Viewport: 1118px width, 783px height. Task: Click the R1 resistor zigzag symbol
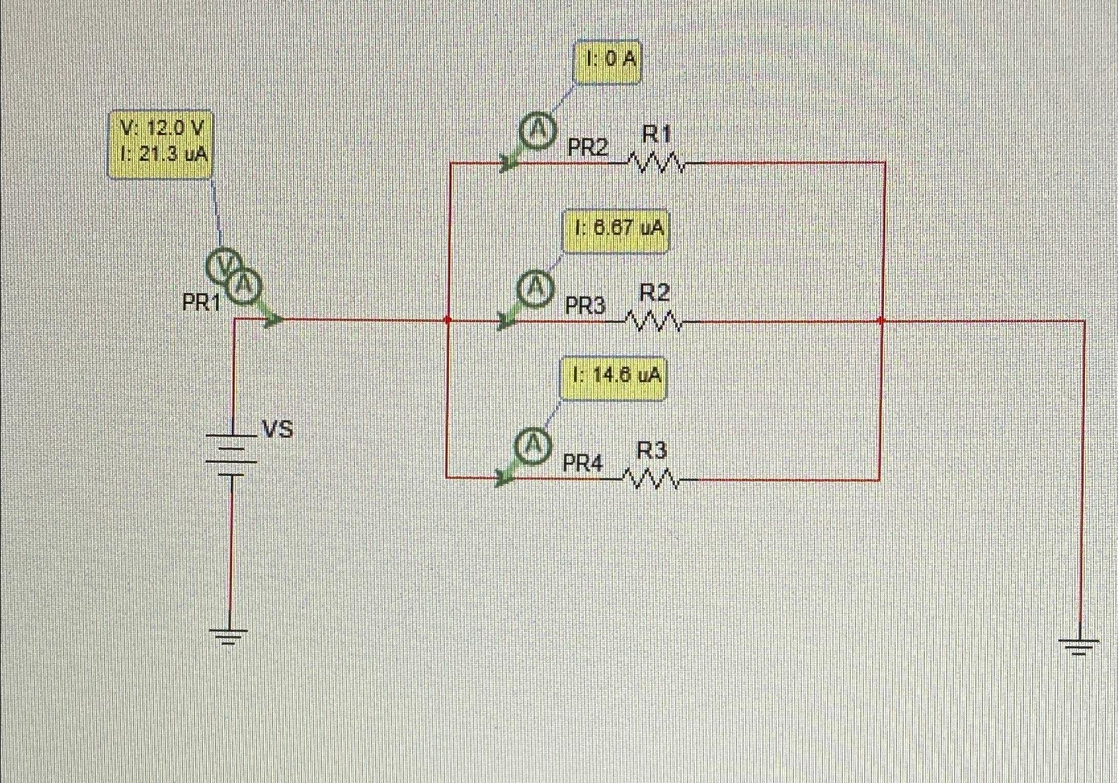(x=656, y=161)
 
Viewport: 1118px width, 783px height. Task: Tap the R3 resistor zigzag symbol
(x=651, y=479)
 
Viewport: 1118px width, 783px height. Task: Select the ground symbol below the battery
(x=229, y=636)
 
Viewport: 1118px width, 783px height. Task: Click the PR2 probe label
(x=587, y=148)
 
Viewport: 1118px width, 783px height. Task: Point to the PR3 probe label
(x=585, y=306)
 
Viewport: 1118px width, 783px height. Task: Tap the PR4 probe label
(x=582, y=463)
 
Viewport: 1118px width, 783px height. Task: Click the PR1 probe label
(x=202, y=303)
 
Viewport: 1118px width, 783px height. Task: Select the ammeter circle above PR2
(x=537, y=132)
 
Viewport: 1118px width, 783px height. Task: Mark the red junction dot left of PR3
(x=448, y=320)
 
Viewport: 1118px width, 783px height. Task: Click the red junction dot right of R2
(x=881, y=321)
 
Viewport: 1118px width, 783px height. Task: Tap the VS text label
(x=278, y=430)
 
